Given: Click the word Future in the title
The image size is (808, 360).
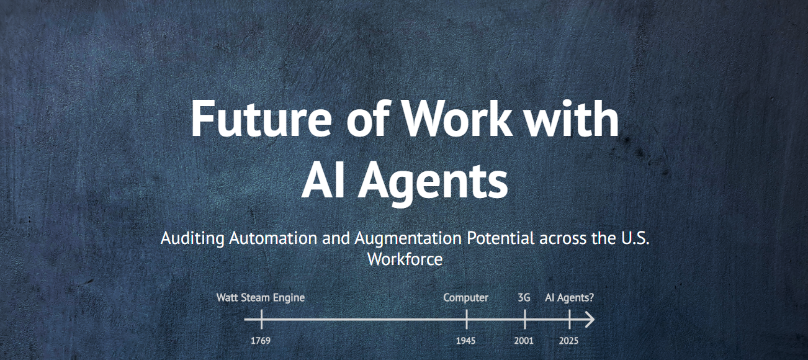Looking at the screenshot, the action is [x=261, y=119].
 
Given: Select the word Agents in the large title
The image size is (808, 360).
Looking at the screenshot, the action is [x=433, y=181].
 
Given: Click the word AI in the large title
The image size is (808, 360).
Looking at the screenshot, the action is [x=323, y=179].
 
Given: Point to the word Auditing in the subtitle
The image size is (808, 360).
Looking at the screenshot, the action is [x=192, y=239].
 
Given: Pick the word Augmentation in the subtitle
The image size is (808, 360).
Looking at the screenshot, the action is [x=408, y=239].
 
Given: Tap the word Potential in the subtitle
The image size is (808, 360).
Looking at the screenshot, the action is [x=501, y=238].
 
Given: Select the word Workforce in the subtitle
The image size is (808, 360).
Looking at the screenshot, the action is [x=405, y=259].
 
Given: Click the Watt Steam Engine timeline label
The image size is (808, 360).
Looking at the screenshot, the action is [x=261, y=297].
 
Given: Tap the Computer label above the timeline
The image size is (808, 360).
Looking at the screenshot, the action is [x=465, y=298].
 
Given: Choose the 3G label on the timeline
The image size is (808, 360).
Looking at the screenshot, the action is [x=524, y=297].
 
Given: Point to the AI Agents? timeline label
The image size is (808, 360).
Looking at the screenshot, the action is [x=569, y=298].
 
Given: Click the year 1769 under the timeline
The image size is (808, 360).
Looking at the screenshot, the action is [x=261, y=341].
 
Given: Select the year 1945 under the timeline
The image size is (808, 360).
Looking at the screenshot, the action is [x=465, y=341].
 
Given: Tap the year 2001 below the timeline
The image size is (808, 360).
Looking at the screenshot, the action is [x=524, y=341].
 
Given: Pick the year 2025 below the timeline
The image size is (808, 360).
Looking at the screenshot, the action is [x=569, y=341].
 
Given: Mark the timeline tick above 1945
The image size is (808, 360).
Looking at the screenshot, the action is [x=467, y=320].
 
